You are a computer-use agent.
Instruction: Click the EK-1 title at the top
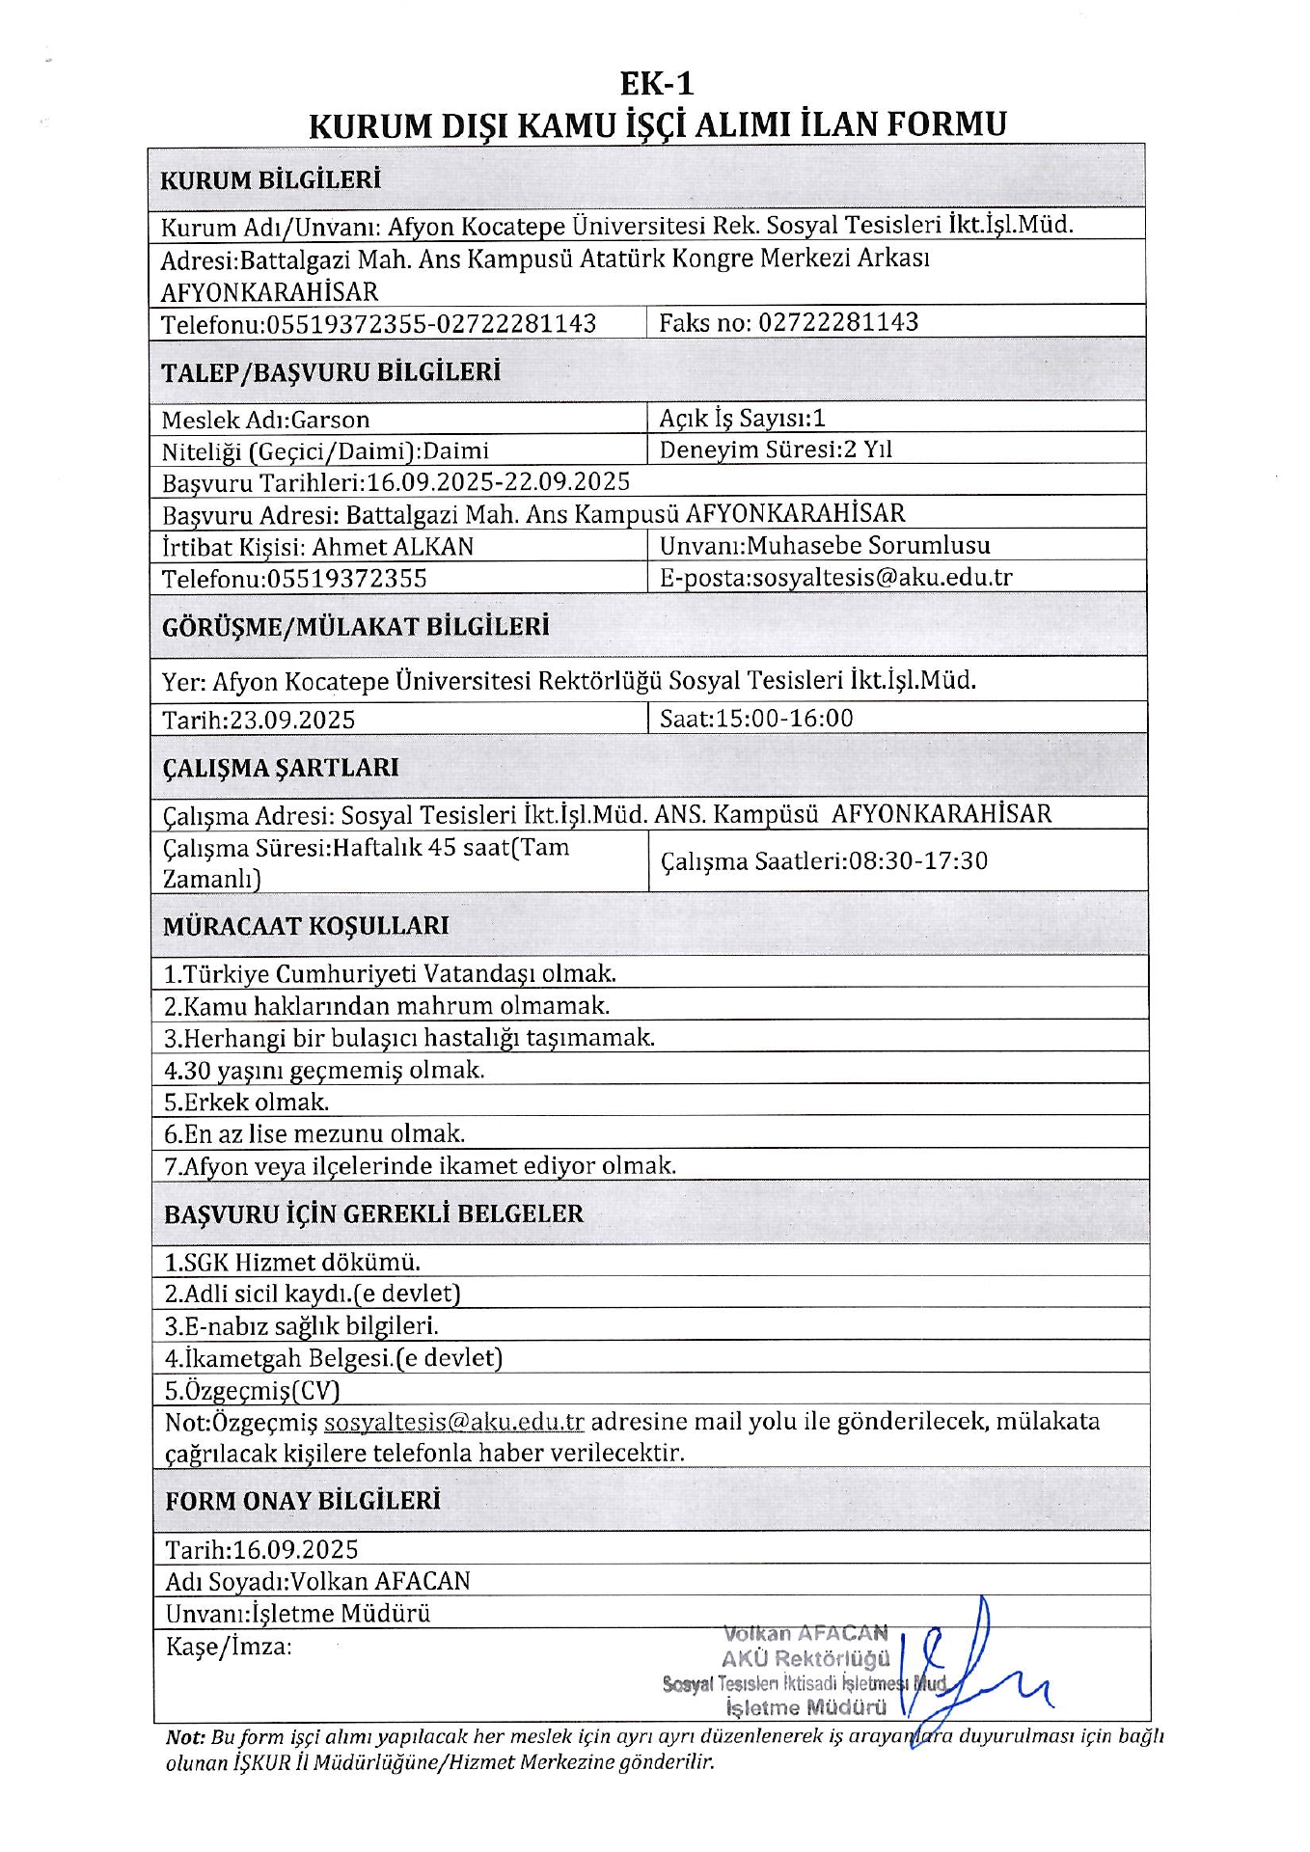coord(656,84)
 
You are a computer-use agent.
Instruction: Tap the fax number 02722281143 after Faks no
coord(838,322)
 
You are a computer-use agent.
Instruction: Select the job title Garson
coord(330,420)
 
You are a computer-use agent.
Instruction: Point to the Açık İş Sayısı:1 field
coord(742,418)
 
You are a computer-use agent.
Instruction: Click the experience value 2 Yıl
coord(868,449)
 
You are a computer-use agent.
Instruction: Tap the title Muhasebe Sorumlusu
coord(868,545)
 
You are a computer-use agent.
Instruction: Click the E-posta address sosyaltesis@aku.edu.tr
coord(882,577)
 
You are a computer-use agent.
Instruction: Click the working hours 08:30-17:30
coord(917,860)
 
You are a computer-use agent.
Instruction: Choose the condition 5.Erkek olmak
coord(247,1102)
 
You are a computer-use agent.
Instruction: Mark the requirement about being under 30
coord(324,1070)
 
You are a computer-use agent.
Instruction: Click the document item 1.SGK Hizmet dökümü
coord(292,1262)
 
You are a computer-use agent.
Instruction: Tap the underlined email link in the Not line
coord(454,1422)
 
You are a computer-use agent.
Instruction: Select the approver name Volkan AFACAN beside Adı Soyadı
coord(380,1581)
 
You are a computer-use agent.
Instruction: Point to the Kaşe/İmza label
coord(229,1646)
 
